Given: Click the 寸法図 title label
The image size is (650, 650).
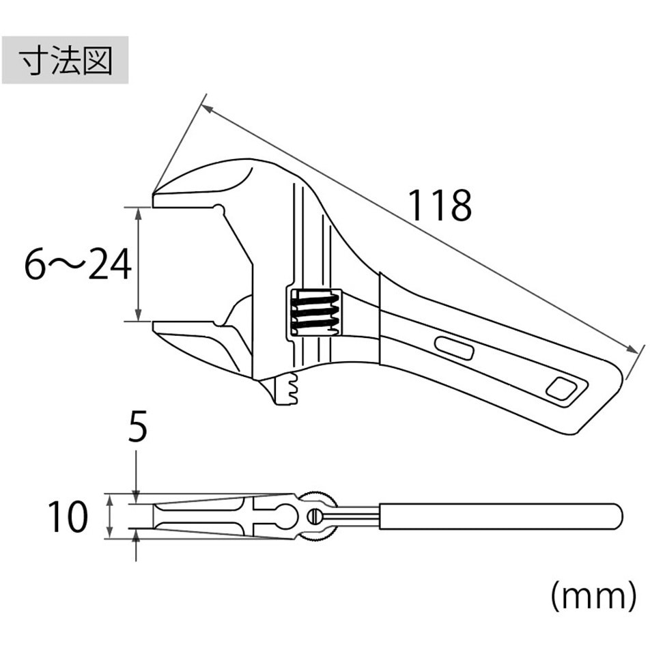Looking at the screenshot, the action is click(x=66, y=61).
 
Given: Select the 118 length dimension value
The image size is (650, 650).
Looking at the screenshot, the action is click(x=440, y=206).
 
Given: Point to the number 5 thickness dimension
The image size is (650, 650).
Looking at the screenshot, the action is click(x=138, y=427).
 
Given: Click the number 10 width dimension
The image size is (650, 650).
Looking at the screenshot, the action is click(x=68, y=516).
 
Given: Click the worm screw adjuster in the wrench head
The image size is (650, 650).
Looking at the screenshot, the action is click(x=315, y=312).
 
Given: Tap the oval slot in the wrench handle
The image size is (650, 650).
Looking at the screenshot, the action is click(x=454, y=348).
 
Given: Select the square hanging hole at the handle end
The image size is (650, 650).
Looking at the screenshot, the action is click(x=562, y=389).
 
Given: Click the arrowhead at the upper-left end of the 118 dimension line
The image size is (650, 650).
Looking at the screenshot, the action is click(x=206, y=109).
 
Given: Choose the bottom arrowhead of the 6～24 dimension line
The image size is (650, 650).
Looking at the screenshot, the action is click(x=139, y=315).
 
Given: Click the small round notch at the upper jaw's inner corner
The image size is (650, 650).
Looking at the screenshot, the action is click(x=218, y=209).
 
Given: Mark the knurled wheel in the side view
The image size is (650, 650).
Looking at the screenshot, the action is click(x=320, y=516).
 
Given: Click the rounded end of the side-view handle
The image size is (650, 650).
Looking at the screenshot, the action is click(x=619, y=516).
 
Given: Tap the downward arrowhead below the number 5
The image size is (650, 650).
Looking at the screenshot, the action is click(x=136, y=496).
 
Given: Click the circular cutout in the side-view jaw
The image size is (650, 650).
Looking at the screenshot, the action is click(x=287, y=516).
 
